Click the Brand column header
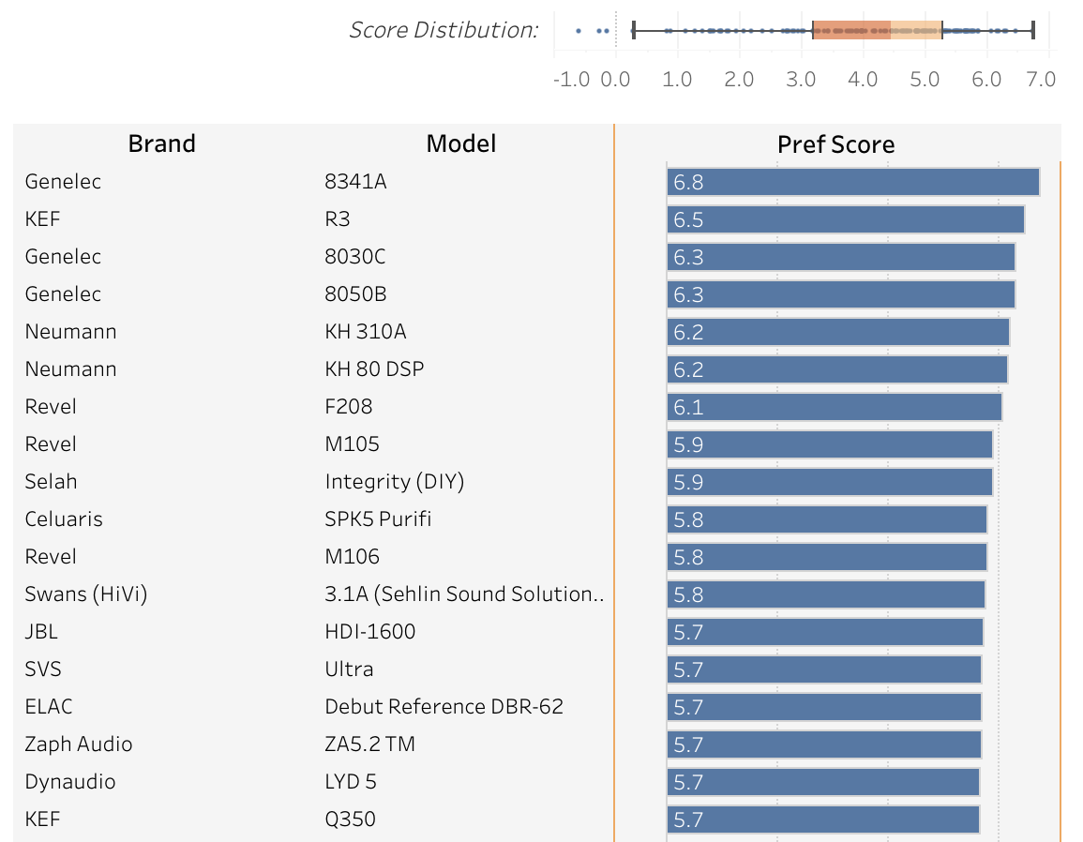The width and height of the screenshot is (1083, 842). tap(161, 143)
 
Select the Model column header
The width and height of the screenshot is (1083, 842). tap(460, 143)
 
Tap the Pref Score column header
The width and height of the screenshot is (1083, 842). tap(835, 144)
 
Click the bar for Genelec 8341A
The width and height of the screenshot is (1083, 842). tap(852, 182)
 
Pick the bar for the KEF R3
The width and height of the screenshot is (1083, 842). tap(845, 219)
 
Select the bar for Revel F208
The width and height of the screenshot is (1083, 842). tap(834, 407)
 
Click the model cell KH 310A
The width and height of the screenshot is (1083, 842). tap(365, 332)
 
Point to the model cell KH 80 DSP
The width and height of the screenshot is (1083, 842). tap(373, 369)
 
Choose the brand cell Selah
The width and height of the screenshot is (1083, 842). tap(51, 482)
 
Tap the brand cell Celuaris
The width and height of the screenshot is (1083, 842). tap(64, 519)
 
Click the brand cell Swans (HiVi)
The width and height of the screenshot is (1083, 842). tap(85, 594)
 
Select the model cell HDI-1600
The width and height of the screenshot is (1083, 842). tap(369, 632)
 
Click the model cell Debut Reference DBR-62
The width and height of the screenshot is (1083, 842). tap(444, 707)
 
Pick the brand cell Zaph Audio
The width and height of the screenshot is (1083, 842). tap(79, 744)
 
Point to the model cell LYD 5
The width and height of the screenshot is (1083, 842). tap(351, 782)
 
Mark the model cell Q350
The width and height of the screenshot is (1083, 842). tap(350, 819)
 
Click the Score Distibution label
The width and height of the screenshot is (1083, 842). tap(444, 30)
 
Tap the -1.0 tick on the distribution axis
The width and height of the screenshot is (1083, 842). tap(571, 79)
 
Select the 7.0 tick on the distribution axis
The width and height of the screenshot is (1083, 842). tap(1041, 79)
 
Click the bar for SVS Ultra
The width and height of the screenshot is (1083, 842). tap(823, 669)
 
